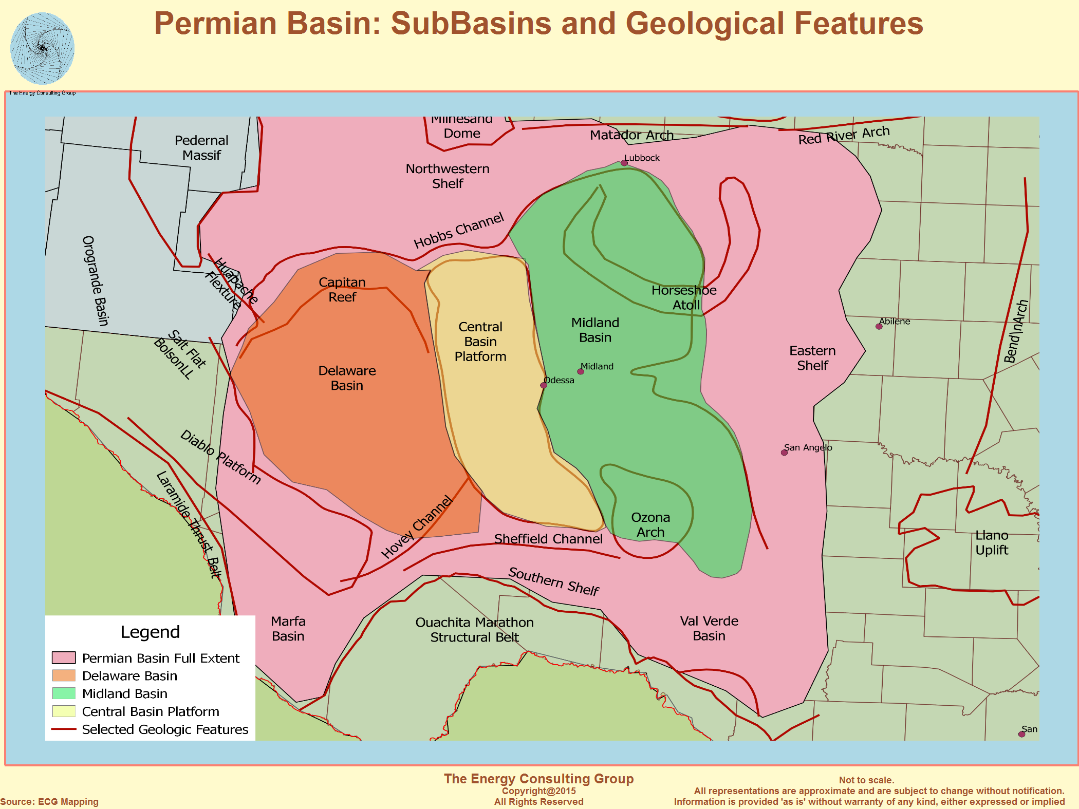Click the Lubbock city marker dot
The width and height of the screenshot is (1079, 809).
coord(624,163)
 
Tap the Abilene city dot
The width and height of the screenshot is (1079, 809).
coord(879,326)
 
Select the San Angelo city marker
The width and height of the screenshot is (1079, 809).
coord(784,453)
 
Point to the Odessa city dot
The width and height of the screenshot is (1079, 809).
coord(544,385)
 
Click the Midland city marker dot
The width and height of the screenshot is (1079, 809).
coord(581,371)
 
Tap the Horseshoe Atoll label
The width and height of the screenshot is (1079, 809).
coord(684,297)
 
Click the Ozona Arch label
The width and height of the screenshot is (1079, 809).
coord(650,524)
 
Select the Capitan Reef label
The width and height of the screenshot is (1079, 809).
coord(342,289)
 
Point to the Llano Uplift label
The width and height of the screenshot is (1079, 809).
coord(992,542)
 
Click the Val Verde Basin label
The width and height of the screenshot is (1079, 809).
coord(709,628)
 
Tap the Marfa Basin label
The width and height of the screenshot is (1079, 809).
coord(288,629)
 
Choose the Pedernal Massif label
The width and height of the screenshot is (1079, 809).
coord(201,147)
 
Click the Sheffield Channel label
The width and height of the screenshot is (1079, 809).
coord(548,539)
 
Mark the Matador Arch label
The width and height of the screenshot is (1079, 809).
coord(631,135)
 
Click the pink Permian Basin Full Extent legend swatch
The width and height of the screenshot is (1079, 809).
coord(64,657)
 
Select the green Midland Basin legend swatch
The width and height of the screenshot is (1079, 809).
coord(64,693)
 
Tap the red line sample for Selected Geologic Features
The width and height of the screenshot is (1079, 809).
coord(64,729)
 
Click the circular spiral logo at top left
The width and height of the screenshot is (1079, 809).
coord(43,49)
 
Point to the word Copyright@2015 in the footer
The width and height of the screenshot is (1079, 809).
coord(538,791)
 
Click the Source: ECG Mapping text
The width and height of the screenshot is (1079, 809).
coord(49,802)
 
